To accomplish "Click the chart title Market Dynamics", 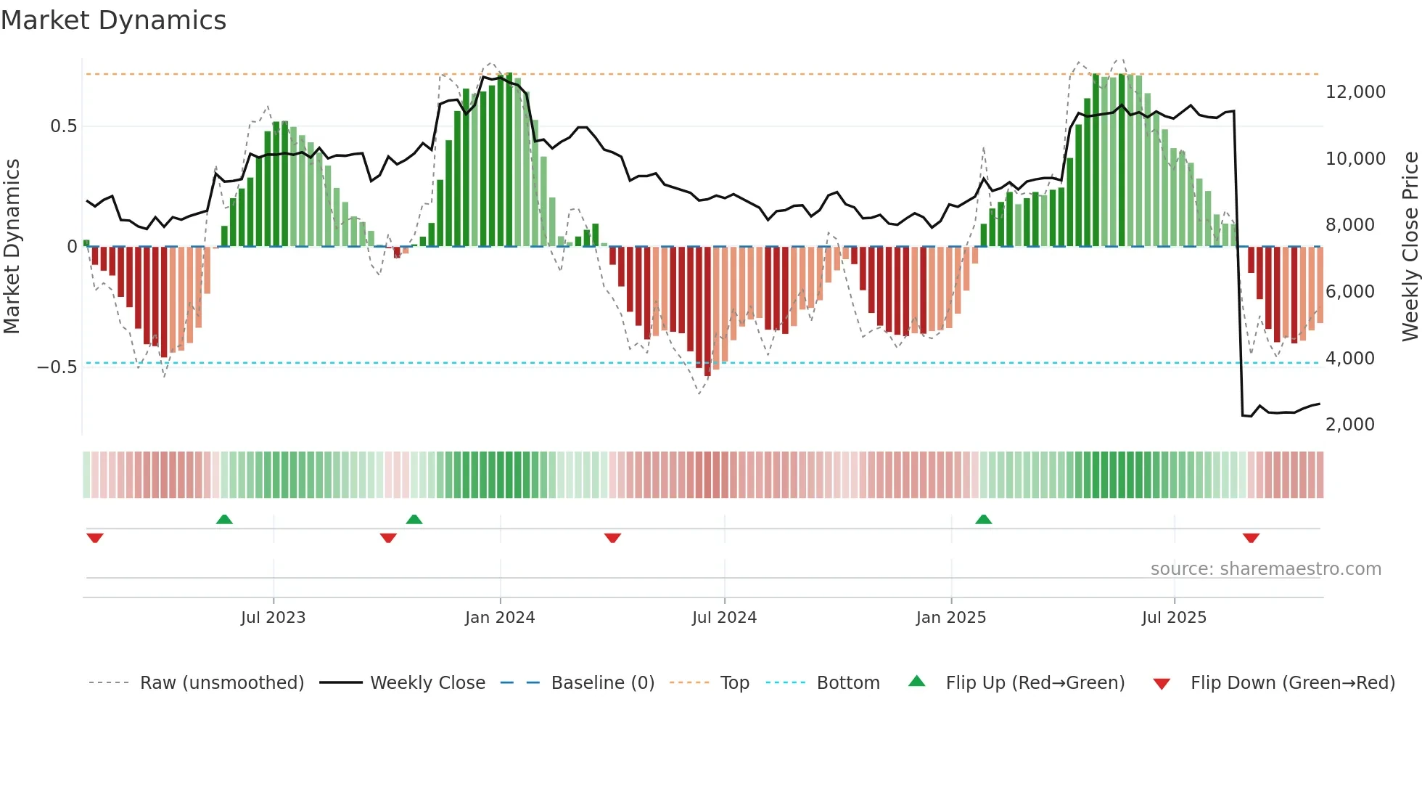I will click(x=113, y=20).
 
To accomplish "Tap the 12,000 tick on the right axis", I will click(x=1355, y=92).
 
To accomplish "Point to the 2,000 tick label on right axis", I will click(x=1349, y=425).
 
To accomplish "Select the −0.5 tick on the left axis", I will click(x=57, y=367).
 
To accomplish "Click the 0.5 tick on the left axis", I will click(x=63, y=126).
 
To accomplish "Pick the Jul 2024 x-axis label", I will click(x=724, y=618).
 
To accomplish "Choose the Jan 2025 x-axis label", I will click(x=950, y=618).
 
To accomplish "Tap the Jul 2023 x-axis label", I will click(x=273, y=618).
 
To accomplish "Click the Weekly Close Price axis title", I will click(x=1410, y=246).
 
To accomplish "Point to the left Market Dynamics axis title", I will click(x=12, y=246).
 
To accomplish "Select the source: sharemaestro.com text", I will click(x=1265, y=569).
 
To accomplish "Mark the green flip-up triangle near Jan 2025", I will click(x=983, y=520).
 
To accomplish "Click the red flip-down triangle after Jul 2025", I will click(x=1251, y=538).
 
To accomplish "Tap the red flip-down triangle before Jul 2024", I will click(x=612, y=538).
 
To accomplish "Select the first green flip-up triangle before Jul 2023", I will click(x=224, y=520).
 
